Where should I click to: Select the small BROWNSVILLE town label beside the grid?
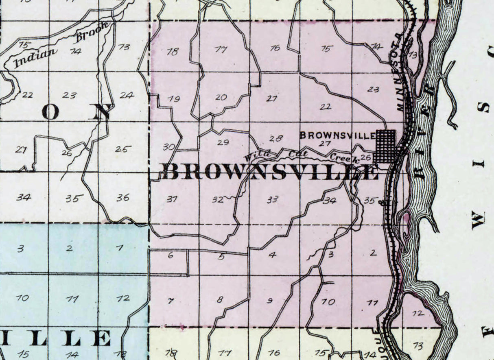(x=337, y=135)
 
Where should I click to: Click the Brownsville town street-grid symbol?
(x=386, y=146)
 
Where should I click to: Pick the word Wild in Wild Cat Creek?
(x=254, y=155)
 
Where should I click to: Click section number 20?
(x=221, y=97)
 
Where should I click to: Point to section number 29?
(x=223, y=142)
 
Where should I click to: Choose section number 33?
(x=272, y=200)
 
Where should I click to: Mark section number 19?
(x=174, y=99)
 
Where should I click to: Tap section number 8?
(x=220, y=300)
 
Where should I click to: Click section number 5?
(x=221, y=257)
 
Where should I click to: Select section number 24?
(x=127, y=95)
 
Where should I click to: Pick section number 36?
(x=123, y=198)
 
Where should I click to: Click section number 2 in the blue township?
(x=70, y=248)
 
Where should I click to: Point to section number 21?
(x=271, y=98)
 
